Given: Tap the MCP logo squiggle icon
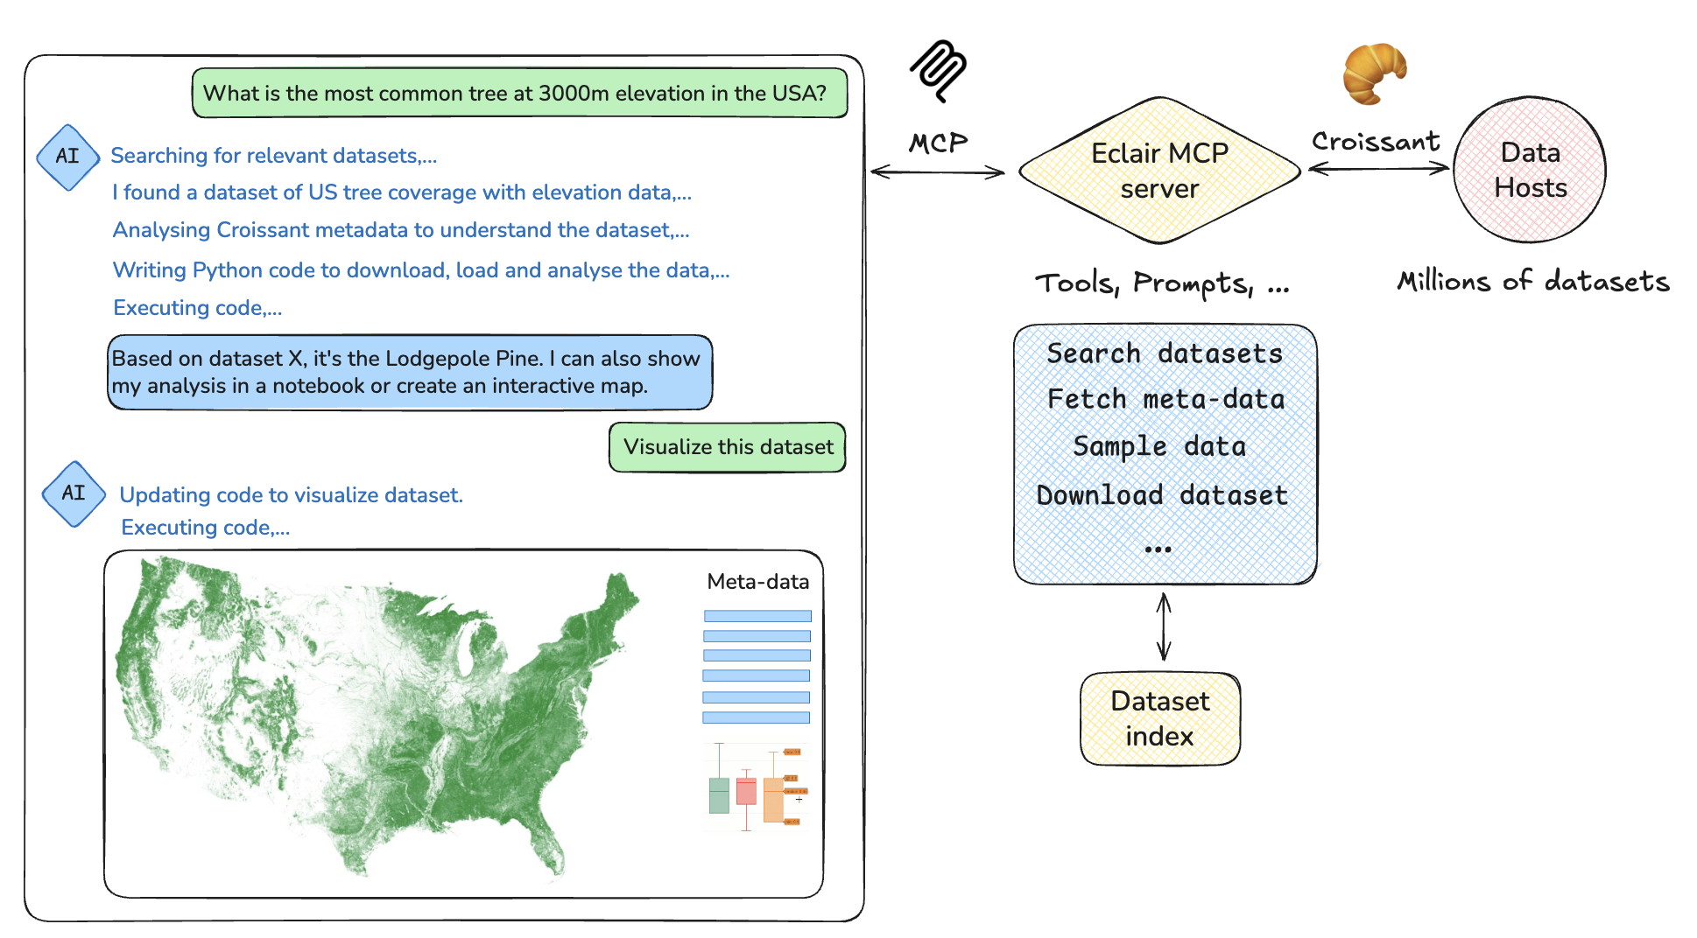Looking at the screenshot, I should pos(938,69).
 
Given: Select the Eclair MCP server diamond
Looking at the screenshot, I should pos(1159,171).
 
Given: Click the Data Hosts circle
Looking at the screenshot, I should pos(1530,170).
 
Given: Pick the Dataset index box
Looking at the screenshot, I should pos(1160,718).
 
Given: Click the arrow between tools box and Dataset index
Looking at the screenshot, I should pos(1164,626).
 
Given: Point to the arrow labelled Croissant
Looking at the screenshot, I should pos(1378,168).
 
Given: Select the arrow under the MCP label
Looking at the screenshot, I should pos(938,171).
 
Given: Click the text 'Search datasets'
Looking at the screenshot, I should pos(1165,353).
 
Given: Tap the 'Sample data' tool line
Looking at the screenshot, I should pos(1159,446).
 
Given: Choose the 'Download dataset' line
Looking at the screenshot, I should pos(1162,495).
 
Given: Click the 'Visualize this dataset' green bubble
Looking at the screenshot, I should pos(728,447).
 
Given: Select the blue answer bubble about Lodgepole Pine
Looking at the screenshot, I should pos(410,372).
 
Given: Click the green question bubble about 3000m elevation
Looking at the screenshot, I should pos(519,93).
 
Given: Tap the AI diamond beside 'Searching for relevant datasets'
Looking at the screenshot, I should pos(67,157).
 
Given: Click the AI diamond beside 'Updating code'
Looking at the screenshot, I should pos(74,493).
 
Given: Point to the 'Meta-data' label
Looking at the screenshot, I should pos(757,582).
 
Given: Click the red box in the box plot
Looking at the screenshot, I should pos(746,791).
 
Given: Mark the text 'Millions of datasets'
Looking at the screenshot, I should pos(1532,281).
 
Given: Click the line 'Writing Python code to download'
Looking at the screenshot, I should pos(420,270).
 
